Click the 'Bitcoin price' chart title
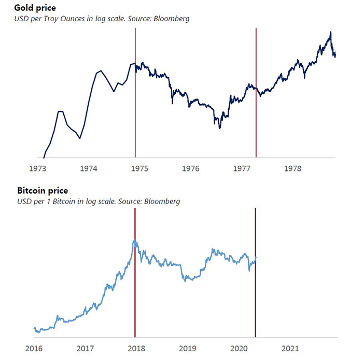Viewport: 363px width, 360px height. point(43,191)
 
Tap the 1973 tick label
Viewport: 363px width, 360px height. point(38,168)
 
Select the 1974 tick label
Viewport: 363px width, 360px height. point(89,168)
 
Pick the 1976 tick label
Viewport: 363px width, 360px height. point(191,168)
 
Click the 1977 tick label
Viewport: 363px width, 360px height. point(243,168)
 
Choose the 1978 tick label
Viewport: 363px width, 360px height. point(294,168)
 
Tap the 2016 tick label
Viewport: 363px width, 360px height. point(34,348)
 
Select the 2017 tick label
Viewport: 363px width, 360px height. point(85,348)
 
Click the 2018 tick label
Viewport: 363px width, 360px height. point(136,348)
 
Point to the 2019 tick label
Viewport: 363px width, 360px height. point(187,348)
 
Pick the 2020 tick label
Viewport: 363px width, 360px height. point(239,348)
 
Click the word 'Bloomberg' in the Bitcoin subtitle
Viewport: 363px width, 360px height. point(162,201)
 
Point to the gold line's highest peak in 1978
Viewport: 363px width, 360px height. point(330,32)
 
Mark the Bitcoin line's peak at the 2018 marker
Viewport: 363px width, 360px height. point(134,240)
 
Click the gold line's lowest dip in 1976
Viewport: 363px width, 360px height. point(220,127)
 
